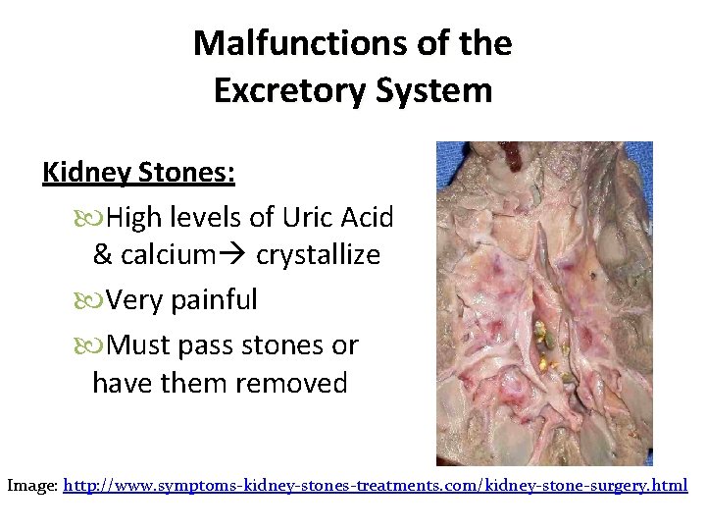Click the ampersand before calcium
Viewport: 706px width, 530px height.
tap(102, 255)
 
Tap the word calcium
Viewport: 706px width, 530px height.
tap(166, 255)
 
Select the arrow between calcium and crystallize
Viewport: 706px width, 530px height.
tap(232, 255)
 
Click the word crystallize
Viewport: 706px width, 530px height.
tap(318, 255)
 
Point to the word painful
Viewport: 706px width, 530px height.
tap(214, 300)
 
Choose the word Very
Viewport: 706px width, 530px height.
tap(135, 300)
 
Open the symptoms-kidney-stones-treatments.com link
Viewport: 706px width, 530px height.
tap(375, 486)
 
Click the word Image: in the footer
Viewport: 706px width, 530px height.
tap(31, 486)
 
